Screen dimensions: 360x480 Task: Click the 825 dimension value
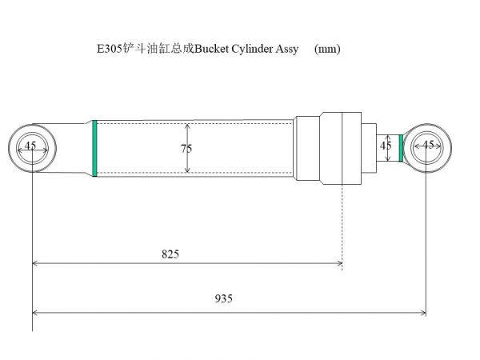click(170, 254)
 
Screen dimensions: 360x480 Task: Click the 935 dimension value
click(224, 298)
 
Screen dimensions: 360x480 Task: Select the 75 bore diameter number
click(186, 148)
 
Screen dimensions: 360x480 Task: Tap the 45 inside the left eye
click(30, 146)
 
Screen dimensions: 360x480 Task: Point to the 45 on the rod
click(386, 145)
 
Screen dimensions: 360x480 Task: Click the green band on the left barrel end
click(94, 148)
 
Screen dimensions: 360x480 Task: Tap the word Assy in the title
click(287, 49)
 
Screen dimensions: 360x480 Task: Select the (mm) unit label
click(328, 49)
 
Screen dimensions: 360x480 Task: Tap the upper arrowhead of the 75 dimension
click(187, 126)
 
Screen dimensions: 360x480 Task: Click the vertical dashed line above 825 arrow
click(342, 224)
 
